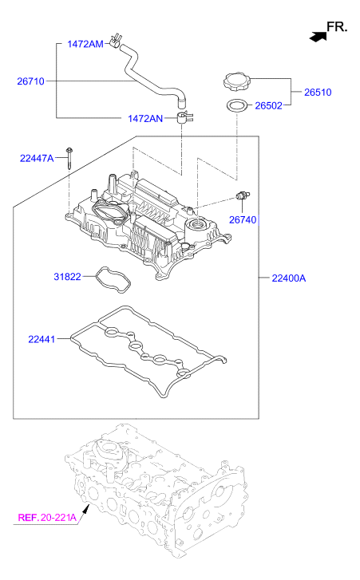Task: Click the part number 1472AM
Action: click(x=85, y=44)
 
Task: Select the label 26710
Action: click(x=30, y=81)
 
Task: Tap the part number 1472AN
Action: click(x=145, y=118)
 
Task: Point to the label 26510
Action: click(x=318, y=92)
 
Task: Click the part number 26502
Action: click(x=269, y=106)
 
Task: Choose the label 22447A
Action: click(x=37, y=158)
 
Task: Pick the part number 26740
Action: click(x=243, y=219)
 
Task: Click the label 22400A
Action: click(x=289, y=278)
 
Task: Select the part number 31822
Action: click(x=67, y=276)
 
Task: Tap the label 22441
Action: click(x=42, y=339)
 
